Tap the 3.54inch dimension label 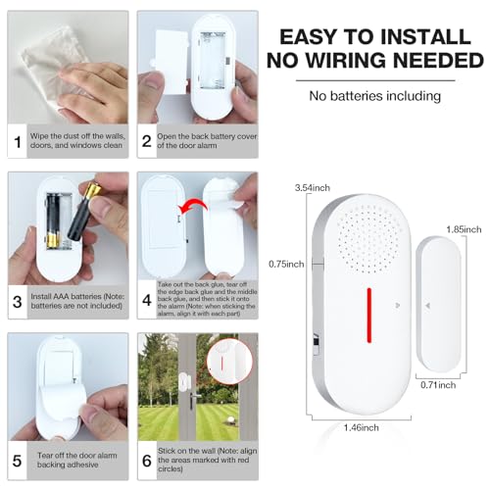click(313, 186)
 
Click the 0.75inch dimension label click(287, 264)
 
